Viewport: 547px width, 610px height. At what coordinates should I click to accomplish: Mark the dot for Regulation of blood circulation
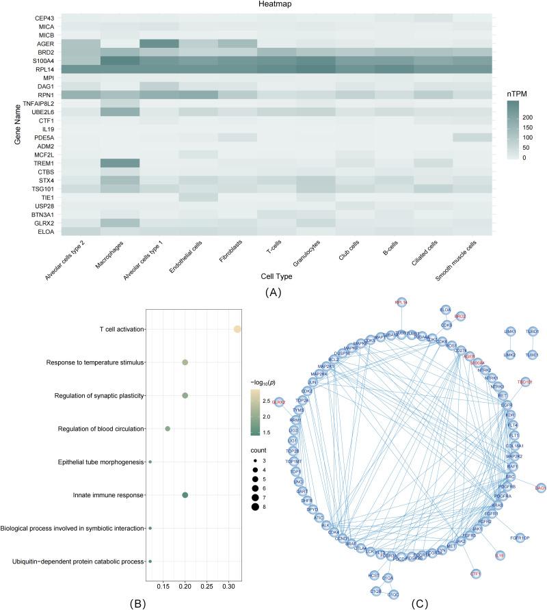pyautogui.click(x=168, y=429)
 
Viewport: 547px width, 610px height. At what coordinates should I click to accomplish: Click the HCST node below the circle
pyautogui.click(x=373, y=574)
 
